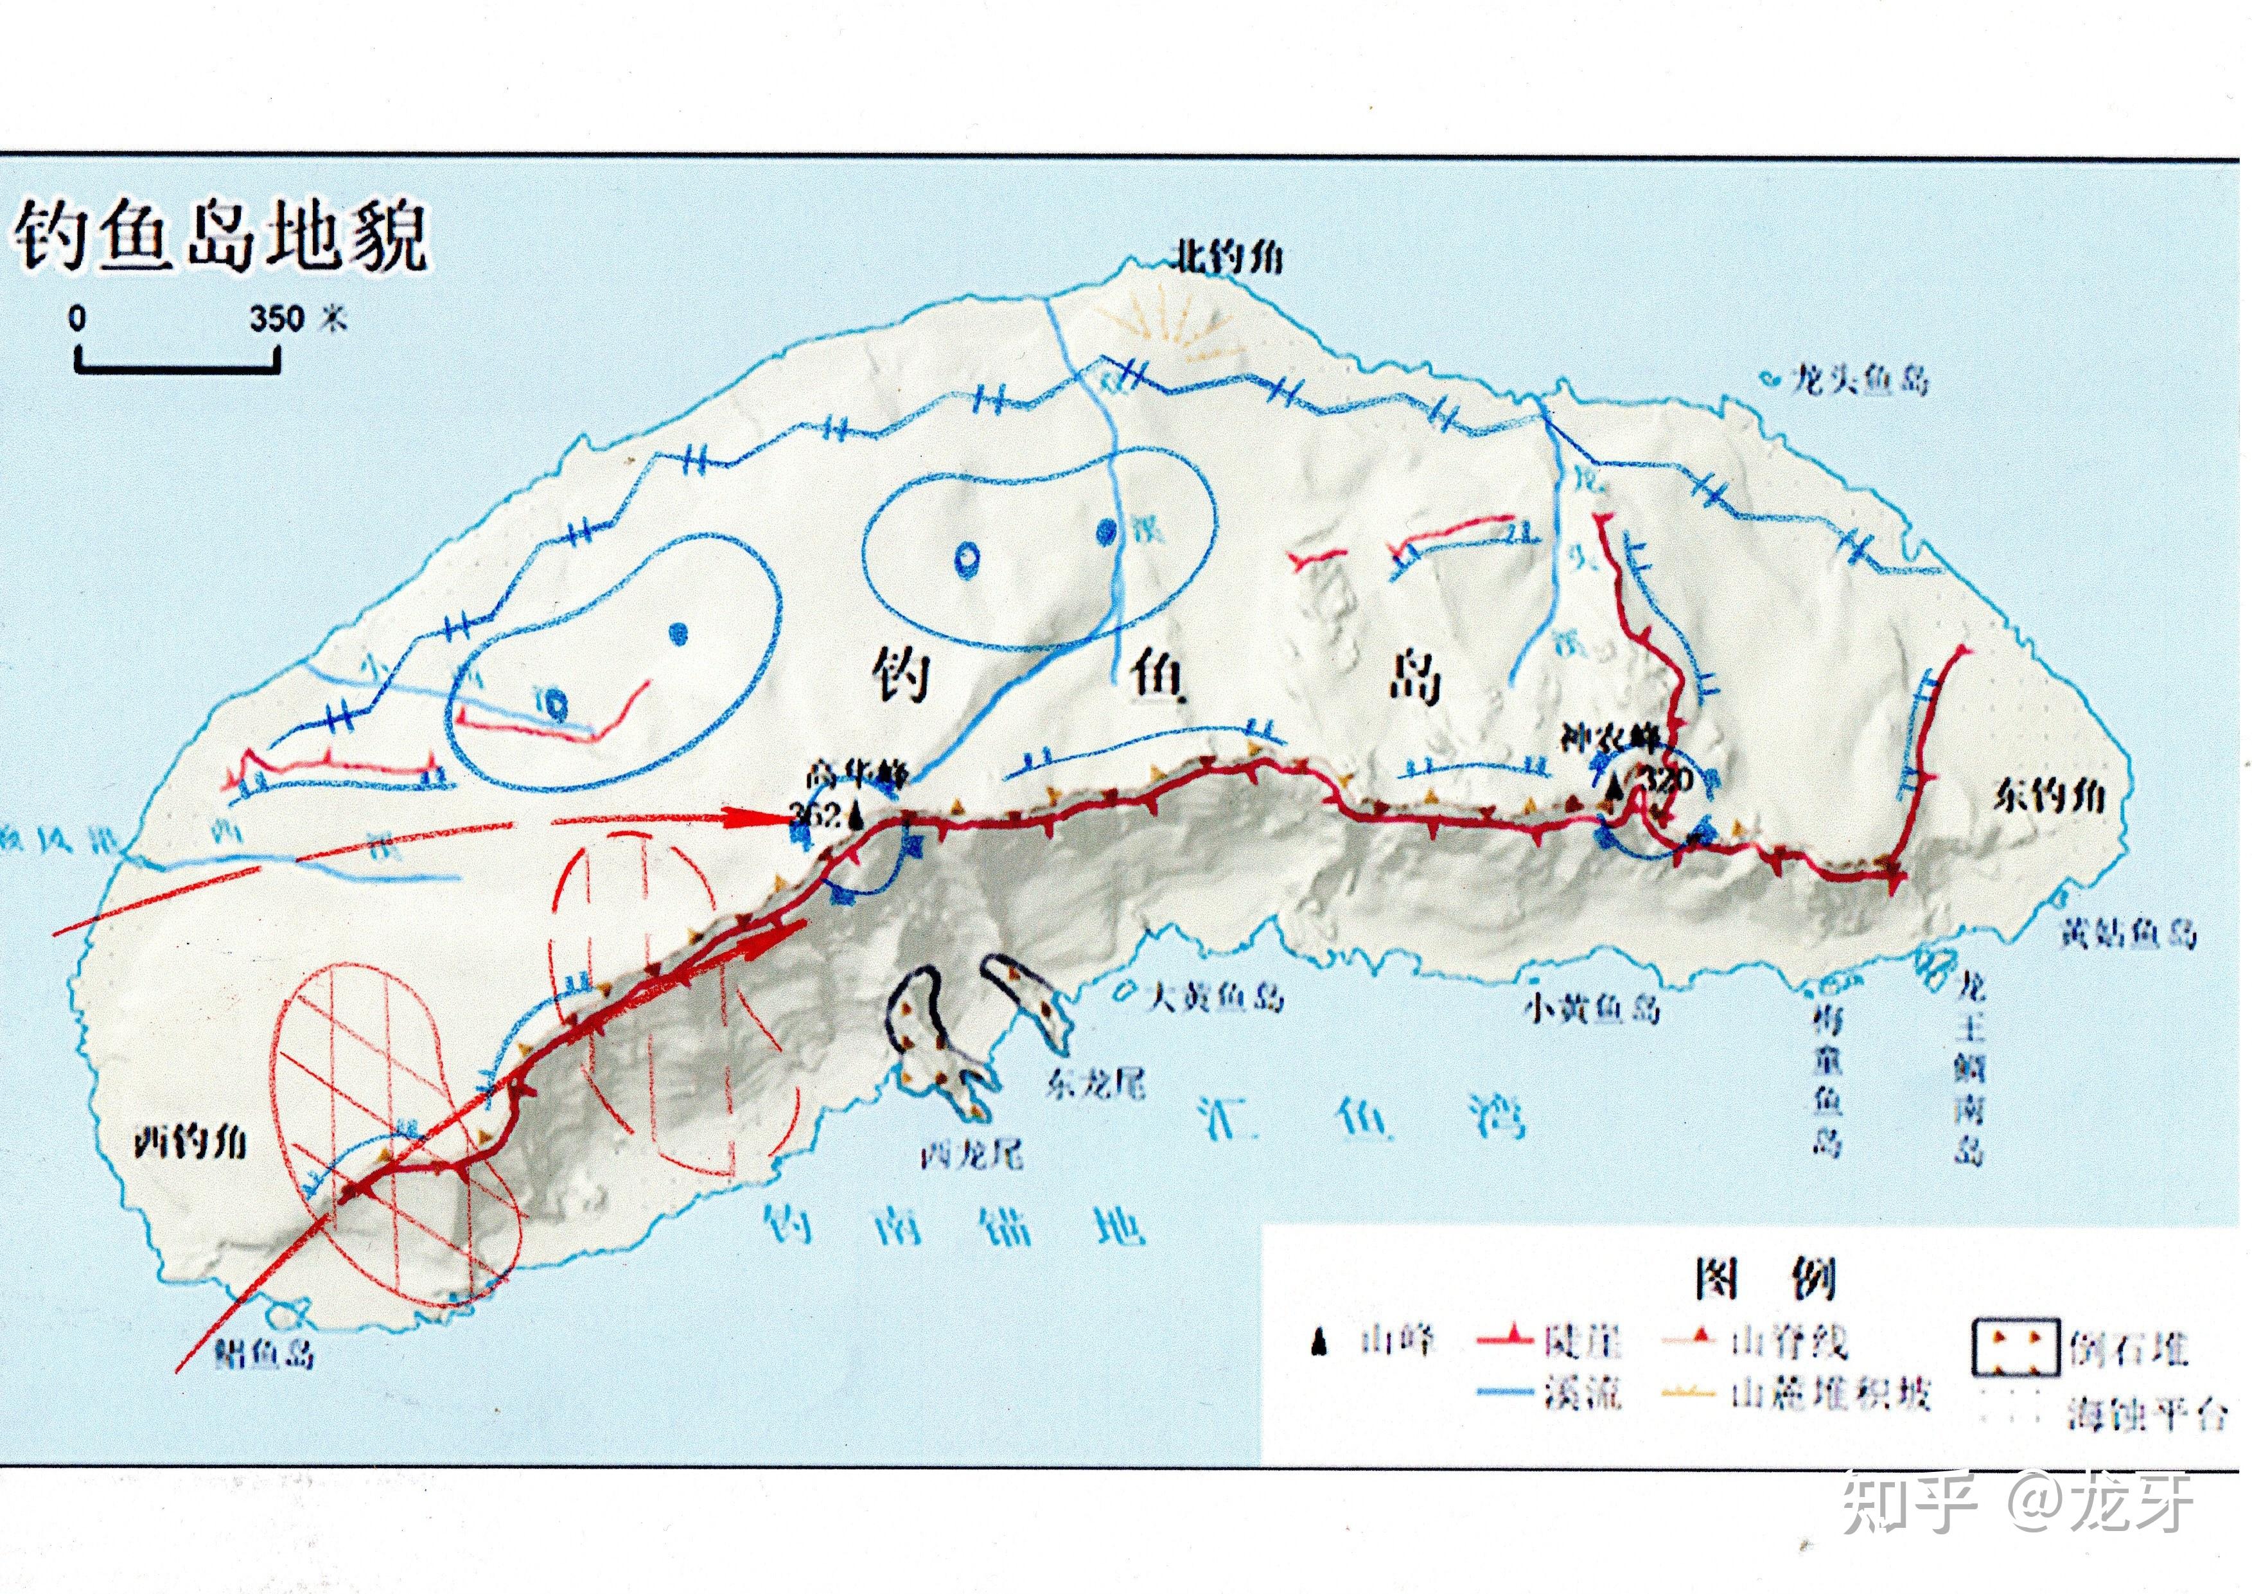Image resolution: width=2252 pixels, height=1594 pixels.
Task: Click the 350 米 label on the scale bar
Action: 297,319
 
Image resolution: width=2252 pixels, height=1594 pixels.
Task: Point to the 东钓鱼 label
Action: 2049,796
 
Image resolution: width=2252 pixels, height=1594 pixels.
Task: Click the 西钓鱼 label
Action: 190,1142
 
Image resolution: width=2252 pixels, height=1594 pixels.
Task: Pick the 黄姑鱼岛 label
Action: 2125,932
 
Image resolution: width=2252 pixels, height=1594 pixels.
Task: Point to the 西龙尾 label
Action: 971,1155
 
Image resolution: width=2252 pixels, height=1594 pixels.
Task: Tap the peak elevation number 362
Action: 816,813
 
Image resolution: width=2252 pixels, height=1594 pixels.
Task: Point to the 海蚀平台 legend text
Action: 2146,1413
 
